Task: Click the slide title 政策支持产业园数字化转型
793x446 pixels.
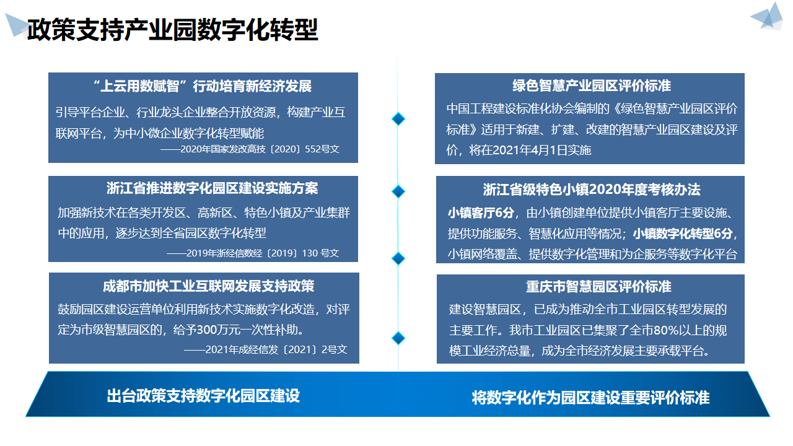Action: click(x=172, y=30)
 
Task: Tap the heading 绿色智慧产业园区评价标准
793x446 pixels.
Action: click(x=592, y=85)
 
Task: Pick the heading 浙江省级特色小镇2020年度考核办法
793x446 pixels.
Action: click(x=592, y=190)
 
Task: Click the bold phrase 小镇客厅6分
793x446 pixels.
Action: click(x=481, y=213)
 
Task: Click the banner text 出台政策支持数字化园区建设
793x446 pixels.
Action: click(x=203, y=396)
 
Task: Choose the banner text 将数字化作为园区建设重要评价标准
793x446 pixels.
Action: click(x=590, y=397)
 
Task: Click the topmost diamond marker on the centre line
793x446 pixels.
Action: click(x=398, y=118)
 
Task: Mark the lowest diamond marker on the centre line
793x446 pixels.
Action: click(x=398, y=338)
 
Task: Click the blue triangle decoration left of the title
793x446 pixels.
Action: click(x=15, y=25)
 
